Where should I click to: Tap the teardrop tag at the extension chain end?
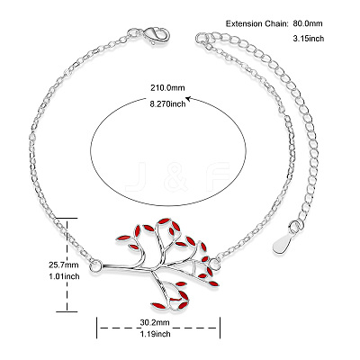point(283,243)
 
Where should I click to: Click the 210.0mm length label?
point(167,88)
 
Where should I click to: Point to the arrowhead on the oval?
point(189,98)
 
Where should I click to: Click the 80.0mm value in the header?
point(307,23)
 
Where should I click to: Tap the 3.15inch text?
point(309,39)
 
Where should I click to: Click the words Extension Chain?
point(256,23)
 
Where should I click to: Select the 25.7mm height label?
point(64,265)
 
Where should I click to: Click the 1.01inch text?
point(64,276)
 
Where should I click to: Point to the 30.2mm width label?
point(155,322)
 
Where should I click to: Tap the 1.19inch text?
point(155,334)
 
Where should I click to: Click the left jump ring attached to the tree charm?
point(95,265)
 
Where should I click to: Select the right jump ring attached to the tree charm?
point(214,265)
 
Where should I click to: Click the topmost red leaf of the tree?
point(164,221)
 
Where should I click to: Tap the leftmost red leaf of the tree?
point(123,238)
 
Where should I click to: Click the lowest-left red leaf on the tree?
point(158,306)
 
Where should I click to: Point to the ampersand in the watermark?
point(176,176)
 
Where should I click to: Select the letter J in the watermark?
point(136,176)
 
